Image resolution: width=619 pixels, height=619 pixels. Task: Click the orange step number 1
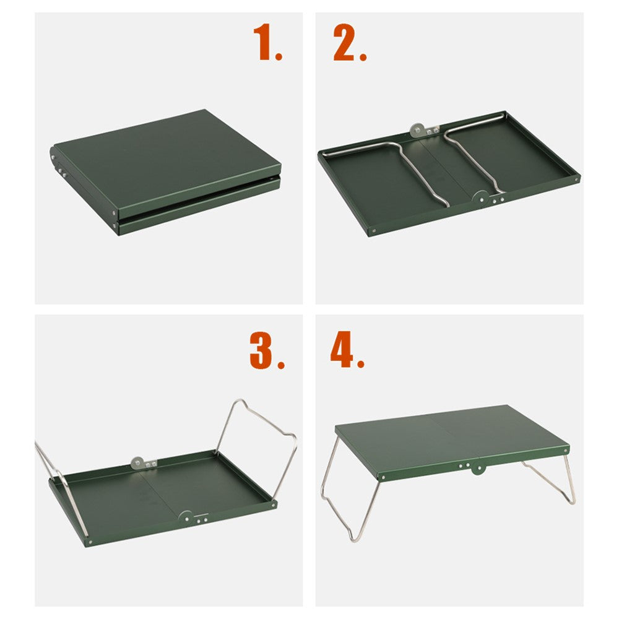click(267, 43)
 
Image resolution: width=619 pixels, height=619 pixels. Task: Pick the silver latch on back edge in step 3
click(139, 462)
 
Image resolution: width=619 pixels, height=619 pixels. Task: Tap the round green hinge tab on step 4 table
click(477, 469)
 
